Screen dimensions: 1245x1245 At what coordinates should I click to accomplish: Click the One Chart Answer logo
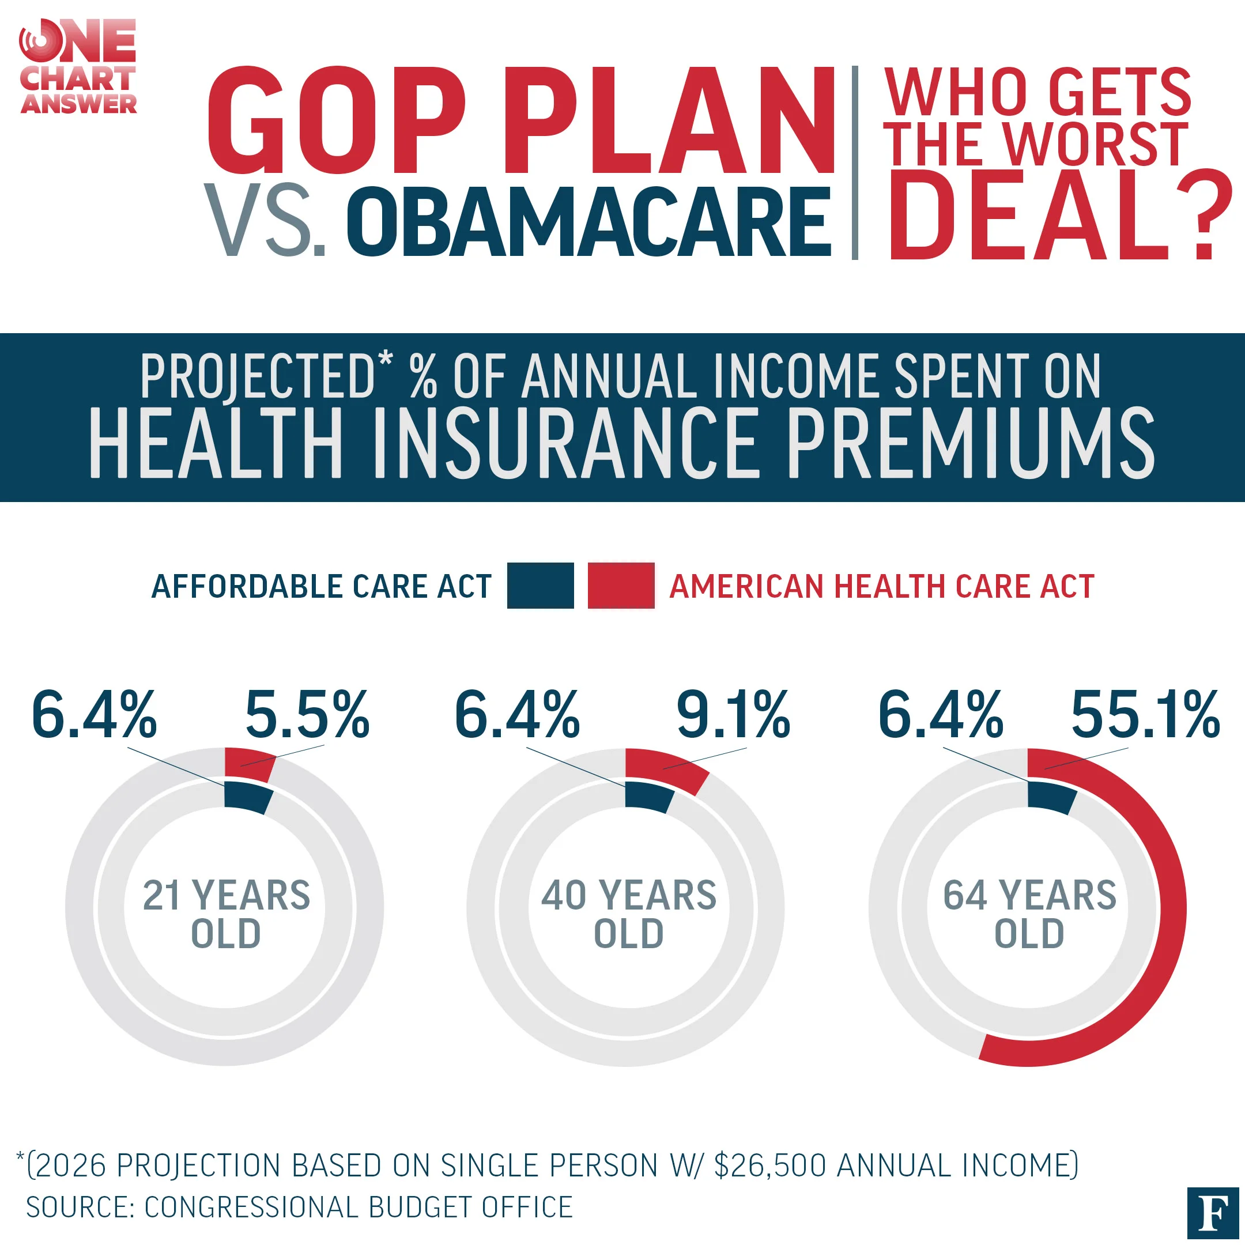(x=78, y=67)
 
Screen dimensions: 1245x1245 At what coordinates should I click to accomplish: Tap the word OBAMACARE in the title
(x=588, y=222)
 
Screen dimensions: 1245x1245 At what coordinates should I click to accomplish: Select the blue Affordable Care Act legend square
(x=540, y=585)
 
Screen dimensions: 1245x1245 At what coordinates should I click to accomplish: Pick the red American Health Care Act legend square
(x=621, y=585)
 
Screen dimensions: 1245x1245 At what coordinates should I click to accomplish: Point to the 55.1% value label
(x=1145, y=714)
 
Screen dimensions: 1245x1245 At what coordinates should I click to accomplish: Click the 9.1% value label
(x=733, y=714)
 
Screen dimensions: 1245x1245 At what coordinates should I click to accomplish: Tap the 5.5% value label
(x=307, y=714)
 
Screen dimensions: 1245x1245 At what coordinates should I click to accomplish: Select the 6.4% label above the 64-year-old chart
(x=940, y=714)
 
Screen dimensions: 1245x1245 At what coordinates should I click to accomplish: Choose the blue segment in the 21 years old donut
(x=247, y=797)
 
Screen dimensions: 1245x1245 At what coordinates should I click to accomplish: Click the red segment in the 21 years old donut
(x=250, y=764)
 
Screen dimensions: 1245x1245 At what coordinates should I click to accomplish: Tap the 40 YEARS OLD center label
(x=628, y=914)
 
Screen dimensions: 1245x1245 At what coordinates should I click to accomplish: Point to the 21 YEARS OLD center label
(x=226, y=914)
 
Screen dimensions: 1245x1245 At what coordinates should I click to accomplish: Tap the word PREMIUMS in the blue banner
(x=971, y=444)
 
